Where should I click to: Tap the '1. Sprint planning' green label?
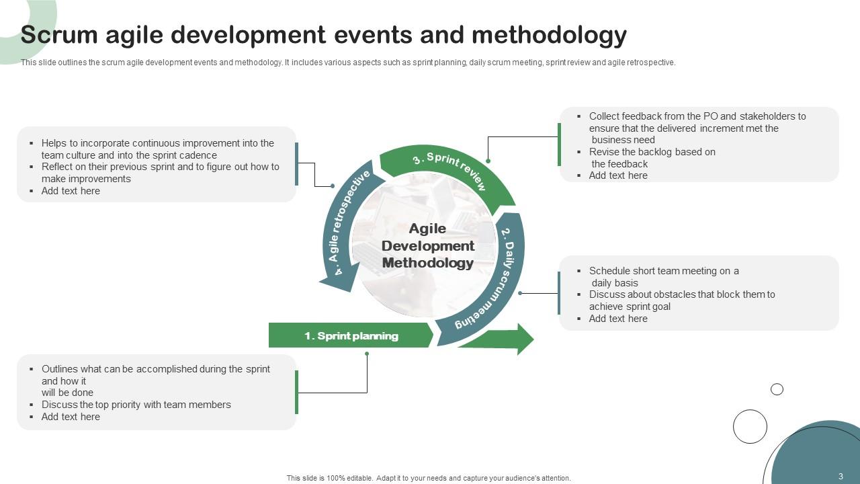[351, 335]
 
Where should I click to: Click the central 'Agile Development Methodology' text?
[428, 246]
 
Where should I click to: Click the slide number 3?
[841, 477]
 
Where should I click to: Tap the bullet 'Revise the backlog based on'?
[652, 152]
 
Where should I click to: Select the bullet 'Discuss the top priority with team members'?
[136, 405]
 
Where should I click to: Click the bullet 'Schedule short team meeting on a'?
[664, 271]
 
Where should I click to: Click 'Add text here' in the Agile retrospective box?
[71, 191]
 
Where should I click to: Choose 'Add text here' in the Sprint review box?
[618, 175]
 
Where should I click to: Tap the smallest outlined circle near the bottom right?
[777, 389]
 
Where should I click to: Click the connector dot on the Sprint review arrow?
[488, 161]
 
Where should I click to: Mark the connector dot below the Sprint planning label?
[367, 354]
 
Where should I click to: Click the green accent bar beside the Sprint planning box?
[296, 393]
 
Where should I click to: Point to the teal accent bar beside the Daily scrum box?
[558, 293]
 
